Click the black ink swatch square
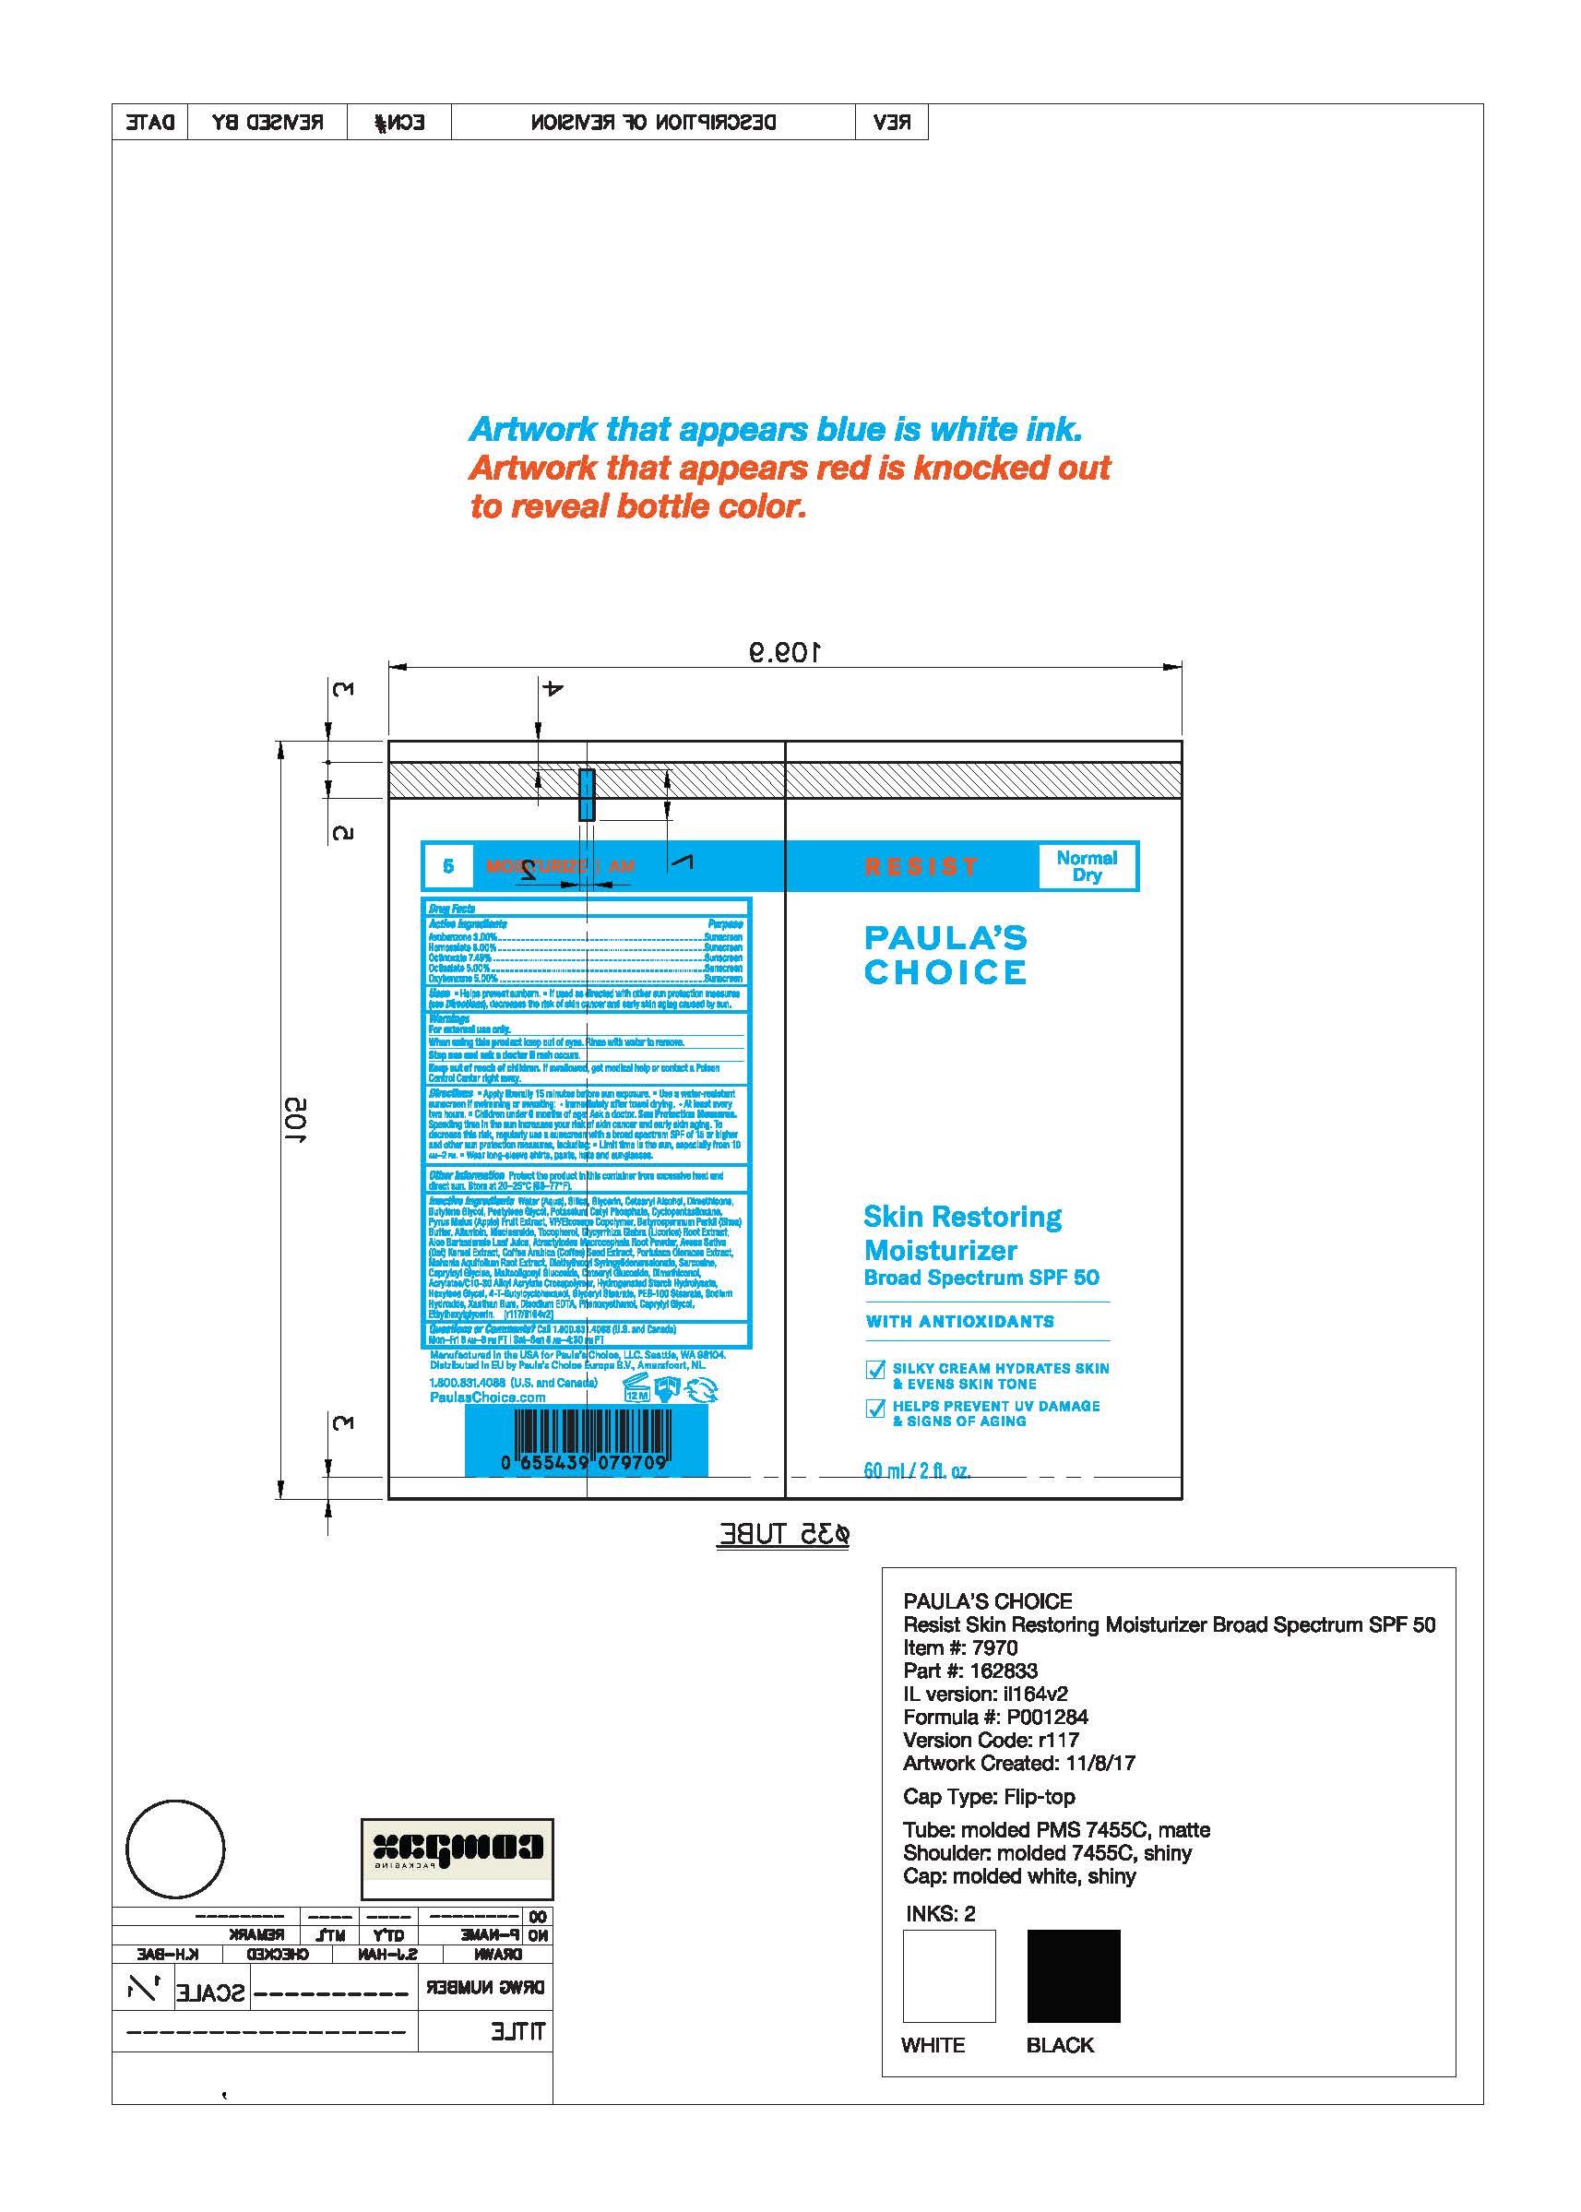coord(1073,1976)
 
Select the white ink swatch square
coord(948,1976)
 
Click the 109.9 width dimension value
coord(785,651)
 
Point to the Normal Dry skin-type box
coord(1087,865)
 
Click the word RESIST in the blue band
coord(921,866)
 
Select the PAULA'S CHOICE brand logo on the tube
coord(945,955)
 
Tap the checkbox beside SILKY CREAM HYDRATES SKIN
coord(874,1371)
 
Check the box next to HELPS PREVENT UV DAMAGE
coord(874,1409)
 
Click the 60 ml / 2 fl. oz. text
coord(916,1470)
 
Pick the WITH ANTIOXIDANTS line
coord(960,1321)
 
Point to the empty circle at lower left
coord(175,1849)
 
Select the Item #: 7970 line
coord(960,1648)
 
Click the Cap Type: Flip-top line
coord(988,1796)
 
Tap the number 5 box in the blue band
coord(447,865)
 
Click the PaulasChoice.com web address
coord(487,1397)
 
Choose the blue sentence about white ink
coord(775,429)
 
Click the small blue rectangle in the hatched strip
coord(586,793)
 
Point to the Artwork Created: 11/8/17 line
coord(1018,1763)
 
